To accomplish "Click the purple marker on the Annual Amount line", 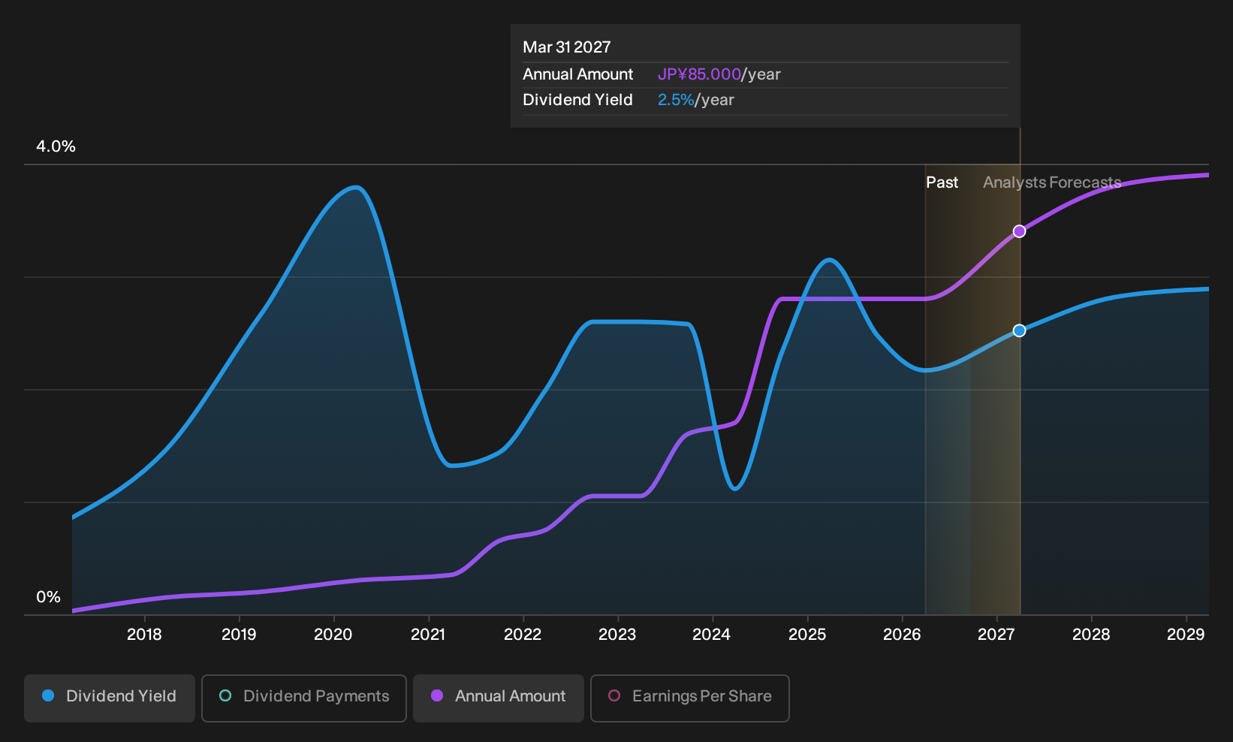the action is (1019, 231).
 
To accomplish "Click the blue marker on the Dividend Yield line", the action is (1019, 330).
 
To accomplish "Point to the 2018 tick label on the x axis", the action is (144, 635).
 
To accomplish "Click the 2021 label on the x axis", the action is (428, 635).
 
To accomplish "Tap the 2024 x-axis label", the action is (712, 635).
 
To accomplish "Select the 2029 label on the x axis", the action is (1186, 635).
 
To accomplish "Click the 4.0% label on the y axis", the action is (56, 146).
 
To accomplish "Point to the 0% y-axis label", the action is (49, 597).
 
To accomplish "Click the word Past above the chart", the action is (942, 182).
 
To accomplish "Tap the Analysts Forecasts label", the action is (1052, 182).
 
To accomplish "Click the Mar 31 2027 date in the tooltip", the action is (566, 47).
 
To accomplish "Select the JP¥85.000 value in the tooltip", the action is (699, 74).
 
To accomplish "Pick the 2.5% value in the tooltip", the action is (676, 100).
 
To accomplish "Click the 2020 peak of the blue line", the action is (357, 188).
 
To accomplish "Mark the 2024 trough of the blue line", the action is (735, 488).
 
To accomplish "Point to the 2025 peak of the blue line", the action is (829, 259).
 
